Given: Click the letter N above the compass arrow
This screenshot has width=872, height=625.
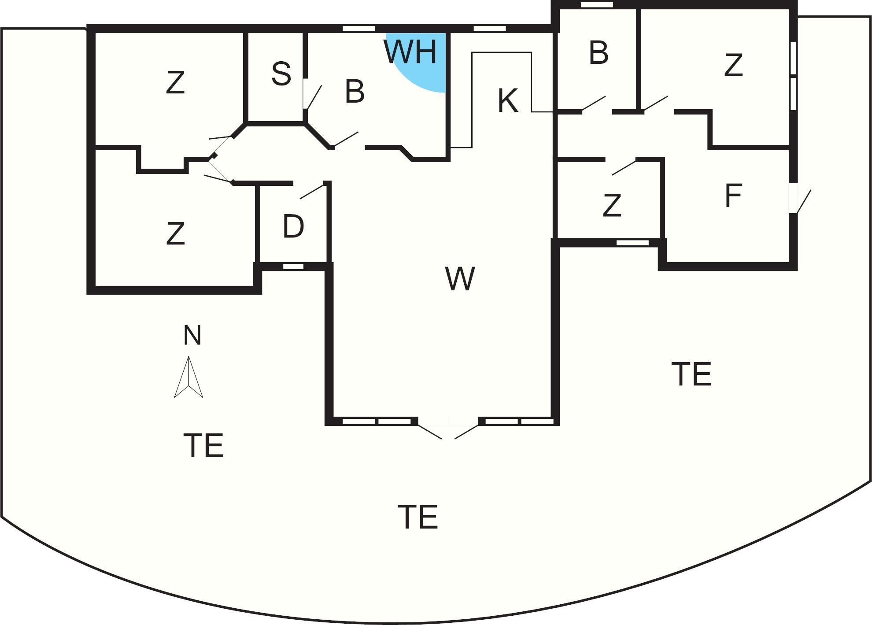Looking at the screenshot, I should tap(192, 335).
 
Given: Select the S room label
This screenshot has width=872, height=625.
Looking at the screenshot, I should tap(281, 74).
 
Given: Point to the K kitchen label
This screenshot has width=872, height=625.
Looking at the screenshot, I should tap(507, 101).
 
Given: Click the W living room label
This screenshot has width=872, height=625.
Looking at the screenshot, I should tap(460, 279).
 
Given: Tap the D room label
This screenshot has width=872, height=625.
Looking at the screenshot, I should tap(293, 226).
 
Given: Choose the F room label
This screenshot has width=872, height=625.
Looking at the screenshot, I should tap(733, 196).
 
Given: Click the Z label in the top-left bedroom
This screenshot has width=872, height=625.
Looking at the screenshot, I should tap(175, 83).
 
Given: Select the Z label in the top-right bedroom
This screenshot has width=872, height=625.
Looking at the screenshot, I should tap(733, 65).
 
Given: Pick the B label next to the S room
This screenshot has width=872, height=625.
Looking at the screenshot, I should tap(355, 92).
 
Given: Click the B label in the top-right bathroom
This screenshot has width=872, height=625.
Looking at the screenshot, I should tap(599, 53).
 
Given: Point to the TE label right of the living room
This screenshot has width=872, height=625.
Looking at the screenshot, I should tap(691, 374).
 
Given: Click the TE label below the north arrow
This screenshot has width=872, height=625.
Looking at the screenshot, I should tap(203, 445).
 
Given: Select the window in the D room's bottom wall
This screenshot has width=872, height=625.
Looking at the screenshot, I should tap(293, 266).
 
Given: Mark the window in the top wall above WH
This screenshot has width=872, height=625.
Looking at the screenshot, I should tap(358, 29).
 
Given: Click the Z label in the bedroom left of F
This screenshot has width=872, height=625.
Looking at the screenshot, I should tap(612, 206).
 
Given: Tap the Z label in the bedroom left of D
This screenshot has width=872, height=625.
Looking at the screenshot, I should tap(175, 234).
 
